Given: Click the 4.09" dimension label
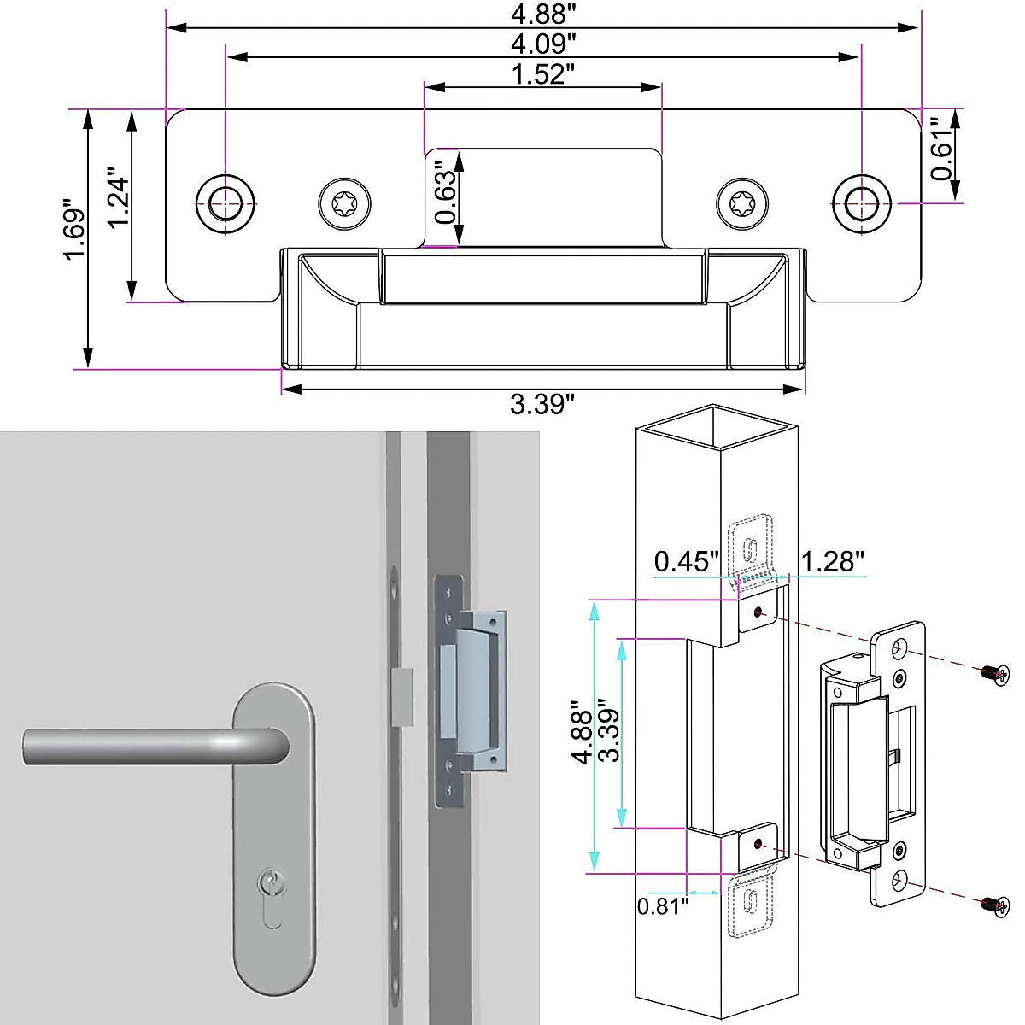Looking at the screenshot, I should tap(543, 43).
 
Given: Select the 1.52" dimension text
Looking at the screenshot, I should tap(542, 74).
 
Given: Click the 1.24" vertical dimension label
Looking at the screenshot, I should tap(119, 202).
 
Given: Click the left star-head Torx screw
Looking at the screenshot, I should tap(346, 203).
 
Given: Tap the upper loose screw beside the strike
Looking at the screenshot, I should tap(993, 675).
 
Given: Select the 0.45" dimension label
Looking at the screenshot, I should tap(687, 561).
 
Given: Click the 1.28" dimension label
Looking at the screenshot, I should tap(832, 561).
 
